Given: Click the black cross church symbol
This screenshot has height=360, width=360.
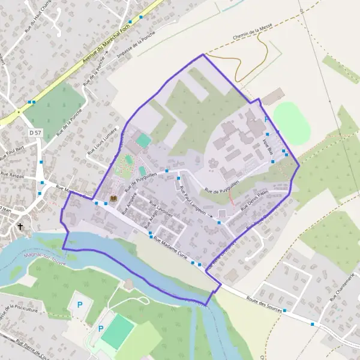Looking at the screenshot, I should pos(21,227).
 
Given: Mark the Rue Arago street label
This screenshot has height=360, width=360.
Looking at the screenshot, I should pos(148,223).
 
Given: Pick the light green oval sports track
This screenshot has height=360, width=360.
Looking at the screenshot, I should pos(290,121).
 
